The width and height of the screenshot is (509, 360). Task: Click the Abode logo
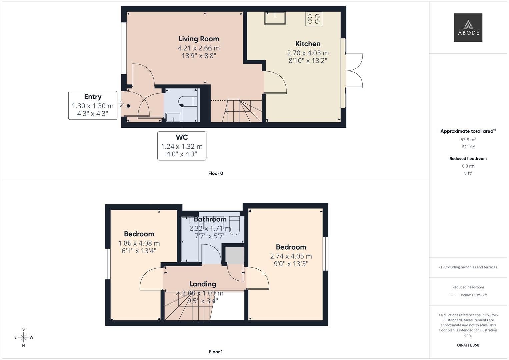coord(468,27)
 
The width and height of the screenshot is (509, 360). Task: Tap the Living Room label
coord(199,39)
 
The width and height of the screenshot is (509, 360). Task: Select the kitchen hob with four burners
coord(314,19)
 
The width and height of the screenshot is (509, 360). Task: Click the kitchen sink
coord(275,18)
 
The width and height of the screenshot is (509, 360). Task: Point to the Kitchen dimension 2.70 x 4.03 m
coord(308,53)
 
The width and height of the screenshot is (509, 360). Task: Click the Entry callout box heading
coord(93,97)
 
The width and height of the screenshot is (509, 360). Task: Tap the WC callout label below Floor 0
coord(182,137)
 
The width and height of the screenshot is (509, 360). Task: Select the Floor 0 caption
coord(216,173)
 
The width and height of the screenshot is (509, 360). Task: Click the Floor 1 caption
coord(216,352)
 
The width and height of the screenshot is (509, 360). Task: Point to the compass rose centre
coord(23,337)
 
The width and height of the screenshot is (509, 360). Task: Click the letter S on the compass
coord(23,329)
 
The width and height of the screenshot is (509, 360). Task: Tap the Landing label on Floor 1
coord(203,284)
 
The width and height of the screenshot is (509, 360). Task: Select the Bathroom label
coord(210,219)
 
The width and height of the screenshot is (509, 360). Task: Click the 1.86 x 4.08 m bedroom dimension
coord(139,243)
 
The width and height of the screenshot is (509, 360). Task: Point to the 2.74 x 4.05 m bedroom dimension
coord(291,256)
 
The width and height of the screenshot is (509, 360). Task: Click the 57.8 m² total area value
coord(468,140)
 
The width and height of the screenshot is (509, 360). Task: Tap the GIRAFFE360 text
coord(468,345)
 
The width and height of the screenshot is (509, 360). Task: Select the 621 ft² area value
coord(468,147)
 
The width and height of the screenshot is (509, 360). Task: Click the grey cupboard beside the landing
coord(235,255)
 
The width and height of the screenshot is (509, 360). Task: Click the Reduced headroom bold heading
coord(468,159)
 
